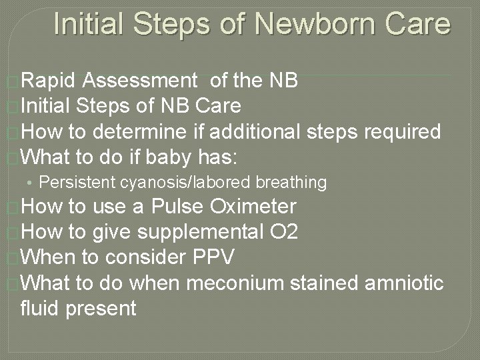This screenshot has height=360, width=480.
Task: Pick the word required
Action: coord(403,131)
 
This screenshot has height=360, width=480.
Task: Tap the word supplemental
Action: coord(197,233)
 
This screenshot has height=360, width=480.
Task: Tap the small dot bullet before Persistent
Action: coord(31,183)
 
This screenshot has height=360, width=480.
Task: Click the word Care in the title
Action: coord(418,24)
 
